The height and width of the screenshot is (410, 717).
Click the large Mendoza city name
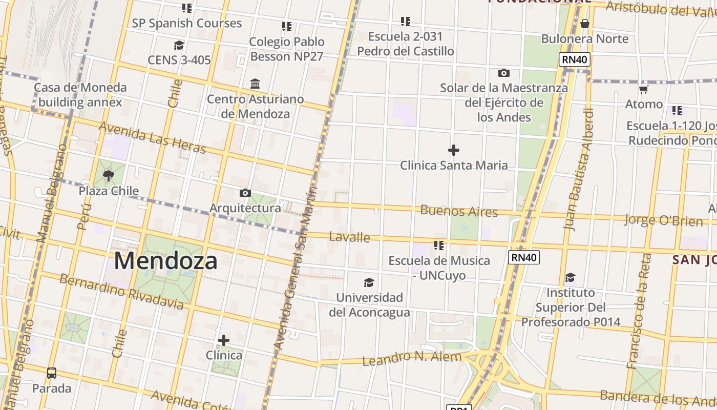165,261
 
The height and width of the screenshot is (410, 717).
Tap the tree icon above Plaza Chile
108,176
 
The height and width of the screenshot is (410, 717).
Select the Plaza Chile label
109,191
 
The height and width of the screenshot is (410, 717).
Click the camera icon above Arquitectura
245,193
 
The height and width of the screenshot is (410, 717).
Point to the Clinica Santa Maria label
454,165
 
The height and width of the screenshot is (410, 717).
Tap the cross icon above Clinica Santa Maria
454,150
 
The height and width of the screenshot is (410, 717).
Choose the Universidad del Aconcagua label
369,305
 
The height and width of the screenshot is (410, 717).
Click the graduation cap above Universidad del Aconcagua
369,282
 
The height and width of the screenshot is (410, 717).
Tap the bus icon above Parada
52,373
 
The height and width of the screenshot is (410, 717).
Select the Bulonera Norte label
585,39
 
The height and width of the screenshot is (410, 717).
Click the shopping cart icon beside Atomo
644,90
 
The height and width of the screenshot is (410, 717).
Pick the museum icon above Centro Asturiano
255,84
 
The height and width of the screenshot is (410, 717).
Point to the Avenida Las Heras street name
152,137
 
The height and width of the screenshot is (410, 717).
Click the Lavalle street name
350,237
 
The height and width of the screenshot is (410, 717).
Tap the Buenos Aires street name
459,211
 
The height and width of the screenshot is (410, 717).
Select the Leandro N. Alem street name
412,358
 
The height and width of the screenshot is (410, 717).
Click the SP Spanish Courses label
186,23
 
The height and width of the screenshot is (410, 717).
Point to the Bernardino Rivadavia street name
121,292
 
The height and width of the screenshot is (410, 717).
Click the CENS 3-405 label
179,60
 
